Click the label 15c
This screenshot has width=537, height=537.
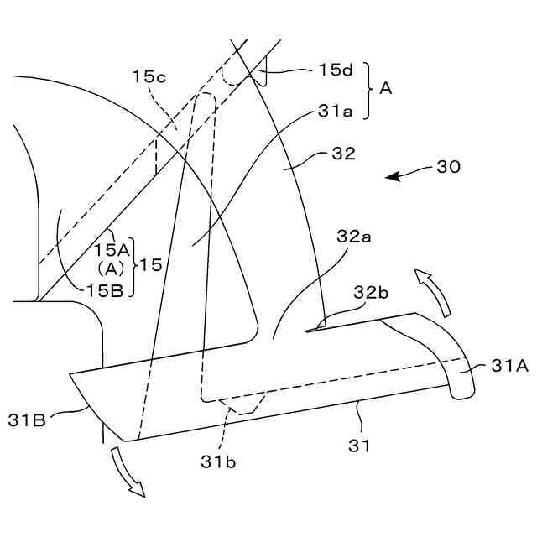(150, 76)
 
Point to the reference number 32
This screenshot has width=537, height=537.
(344, 154)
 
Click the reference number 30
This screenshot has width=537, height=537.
(448, 167)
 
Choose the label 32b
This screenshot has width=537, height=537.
(370, 292)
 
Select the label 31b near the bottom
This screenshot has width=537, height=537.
(217, 460)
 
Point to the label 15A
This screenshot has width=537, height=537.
(112, 248)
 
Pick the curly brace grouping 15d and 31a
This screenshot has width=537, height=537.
(367, 91)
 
